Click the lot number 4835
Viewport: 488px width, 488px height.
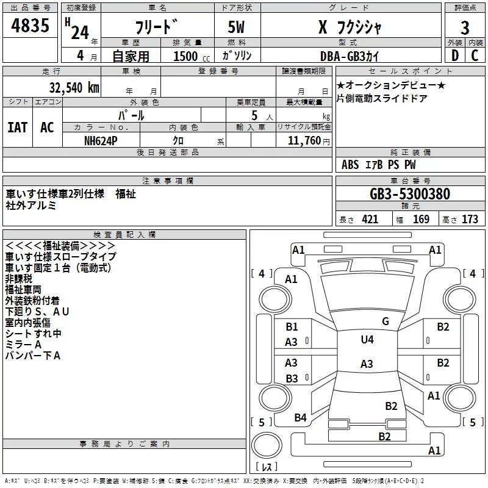[x=30, y=25]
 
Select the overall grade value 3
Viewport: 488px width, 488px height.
[x=465, y=28]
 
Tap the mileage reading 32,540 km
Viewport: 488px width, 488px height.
[x=74, y=88]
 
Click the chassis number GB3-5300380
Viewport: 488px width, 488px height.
[x=410, y=194]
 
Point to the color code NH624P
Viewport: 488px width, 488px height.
[x=101, y=141]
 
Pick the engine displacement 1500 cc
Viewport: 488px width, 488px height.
[x=192, y=56]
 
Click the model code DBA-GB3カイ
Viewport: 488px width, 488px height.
[x=350, y=56]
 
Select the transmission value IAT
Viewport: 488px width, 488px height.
[x=18, y=127]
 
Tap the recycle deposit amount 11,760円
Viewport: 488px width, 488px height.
[x=309, y=141]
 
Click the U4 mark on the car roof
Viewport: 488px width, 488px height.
[x=367, y=340]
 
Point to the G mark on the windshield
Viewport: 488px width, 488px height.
[x=386, y=321]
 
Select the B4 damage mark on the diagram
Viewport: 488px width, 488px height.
[x=300, y=418]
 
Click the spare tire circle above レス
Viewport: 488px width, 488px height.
[x=267, y=445]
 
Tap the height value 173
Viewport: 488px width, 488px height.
[x=470, y=220]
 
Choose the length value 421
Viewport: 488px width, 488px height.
[x=370, y=220]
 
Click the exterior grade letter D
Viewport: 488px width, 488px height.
[x=455, y=56]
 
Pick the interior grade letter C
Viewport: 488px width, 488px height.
[x=475, y=56]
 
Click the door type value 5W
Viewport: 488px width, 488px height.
[x=237, y=27]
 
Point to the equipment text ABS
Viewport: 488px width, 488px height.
[x=350, y=165]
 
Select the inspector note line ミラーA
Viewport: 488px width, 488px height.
[x=23, y=345]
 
